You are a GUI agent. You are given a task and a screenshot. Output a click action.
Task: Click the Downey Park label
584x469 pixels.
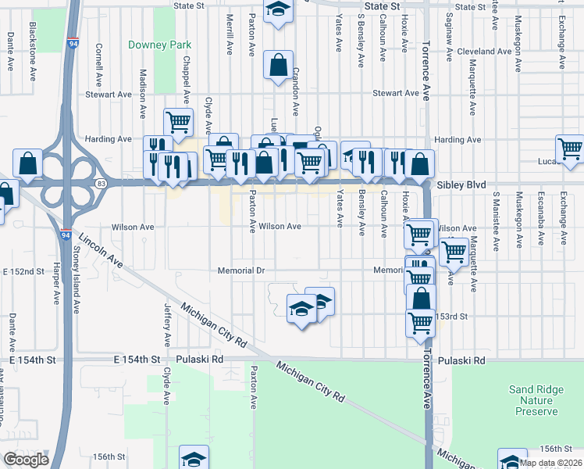point(159,45)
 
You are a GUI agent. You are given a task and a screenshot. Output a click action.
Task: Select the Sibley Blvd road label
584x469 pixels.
point(462,184)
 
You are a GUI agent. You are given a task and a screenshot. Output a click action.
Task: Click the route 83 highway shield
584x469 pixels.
point(102,183)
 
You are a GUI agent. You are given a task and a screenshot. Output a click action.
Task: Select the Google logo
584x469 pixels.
point(26,460)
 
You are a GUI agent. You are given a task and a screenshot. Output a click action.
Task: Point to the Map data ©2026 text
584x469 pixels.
point(549,463)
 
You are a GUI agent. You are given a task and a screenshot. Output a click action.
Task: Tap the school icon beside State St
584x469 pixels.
point(277,11)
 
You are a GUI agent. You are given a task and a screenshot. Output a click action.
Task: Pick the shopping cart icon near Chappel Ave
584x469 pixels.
point(179,121)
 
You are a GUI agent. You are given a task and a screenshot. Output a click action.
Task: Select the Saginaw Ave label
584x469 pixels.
point(450,38)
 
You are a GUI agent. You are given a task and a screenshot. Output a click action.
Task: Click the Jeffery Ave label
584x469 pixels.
point(167,324)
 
